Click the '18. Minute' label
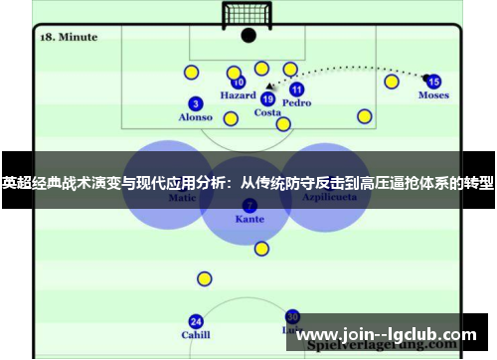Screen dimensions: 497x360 (68, 37)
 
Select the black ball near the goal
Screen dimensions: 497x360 (248, 36)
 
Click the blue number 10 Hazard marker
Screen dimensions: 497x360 (239, 83)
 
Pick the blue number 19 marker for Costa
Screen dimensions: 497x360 (267, 98)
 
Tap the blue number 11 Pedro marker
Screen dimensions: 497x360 (296, 89)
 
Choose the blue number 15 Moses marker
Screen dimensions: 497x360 (433, 82)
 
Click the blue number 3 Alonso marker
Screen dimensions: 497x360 (195, 103)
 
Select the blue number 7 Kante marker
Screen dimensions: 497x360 (249, 205)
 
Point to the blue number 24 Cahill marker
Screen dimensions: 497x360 (196, 321)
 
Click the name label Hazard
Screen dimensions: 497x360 (238, 96)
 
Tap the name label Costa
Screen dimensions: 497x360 (267, 112)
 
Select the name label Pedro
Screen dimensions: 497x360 (296, 102)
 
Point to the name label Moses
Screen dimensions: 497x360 (433, 95)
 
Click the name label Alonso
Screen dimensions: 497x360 (195, 117)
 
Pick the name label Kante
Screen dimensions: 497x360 (249, 219)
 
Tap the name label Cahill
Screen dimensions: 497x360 (196, 335)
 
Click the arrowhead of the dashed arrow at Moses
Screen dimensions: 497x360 (424, 78)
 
